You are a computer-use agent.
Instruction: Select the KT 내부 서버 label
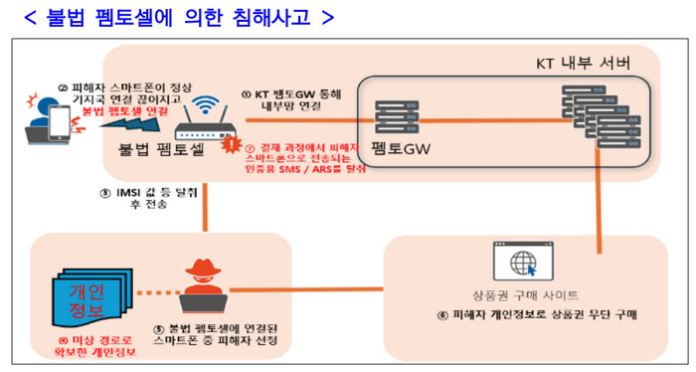[x=582, y=63]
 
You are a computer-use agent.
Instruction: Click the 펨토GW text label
[x=391, y=151]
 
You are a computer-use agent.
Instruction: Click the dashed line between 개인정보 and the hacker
[x=150, y=293]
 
